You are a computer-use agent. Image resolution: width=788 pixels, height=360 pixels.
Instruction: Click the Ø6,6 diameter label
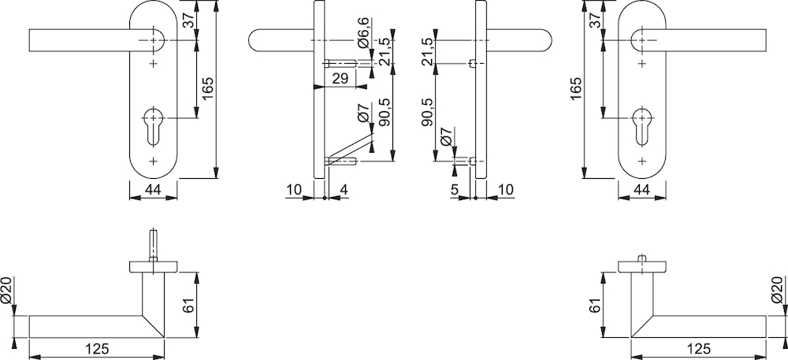coord(364,32)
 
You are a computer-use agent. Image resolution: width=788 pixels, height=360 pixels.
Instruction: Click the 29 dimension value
coord(340,79)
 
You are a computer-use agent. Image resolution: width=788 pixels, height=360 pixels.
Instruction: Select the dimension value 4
coord(344,189)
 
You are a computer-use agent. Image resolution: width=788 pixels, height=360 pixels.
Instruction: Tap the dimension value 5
coord(455,189)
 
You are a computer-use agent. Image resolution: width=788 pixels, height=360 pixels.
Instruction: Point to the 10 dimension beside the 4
coord(294,189)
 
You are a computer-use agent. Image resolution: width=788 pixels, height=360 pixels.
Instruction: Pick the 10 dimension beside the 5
coord(506,189)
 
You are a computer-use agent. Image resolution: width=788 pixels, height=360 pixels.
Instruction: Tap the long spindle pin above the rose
coord(154,246)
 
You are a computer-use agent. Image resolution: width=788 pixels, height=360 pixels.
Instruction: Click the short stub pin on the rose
coord(641,258)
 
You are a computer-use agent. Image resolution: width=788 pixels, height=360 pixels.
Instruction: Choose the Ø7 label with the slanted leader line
coord(364,111)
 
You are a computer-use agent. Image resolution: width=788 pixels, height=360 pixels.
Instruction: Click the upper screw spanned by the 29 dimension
coord(341,63)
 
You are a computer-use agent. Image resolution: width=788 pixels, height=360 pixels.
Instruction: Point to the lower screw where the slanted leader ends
coord(341,161)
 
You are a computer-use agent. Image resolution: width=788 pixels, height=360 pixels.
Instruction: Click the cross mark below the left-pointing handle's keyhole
coord(154,161)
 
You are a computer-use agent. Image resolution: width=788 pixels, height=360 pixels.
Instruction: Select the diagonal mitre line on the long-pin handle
coord(154,327)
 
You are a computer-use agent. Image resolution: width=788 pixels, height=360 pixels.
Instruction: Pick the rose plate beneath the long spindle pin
coord(154,266)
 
